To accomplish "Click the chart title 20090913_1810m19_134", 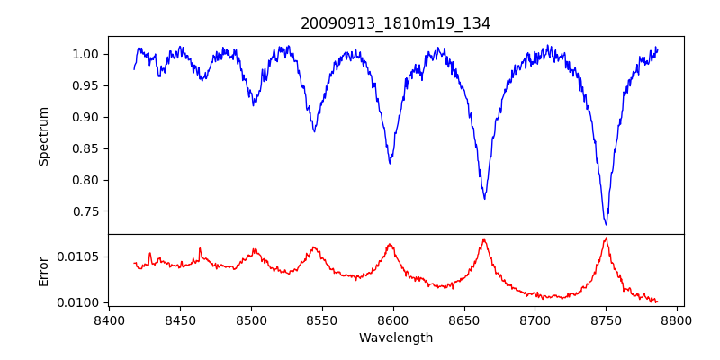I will click(x=395, y=23).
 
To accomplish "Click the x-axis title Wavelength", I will click(x=395, y=337).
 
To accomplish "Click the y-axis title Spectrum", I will click(x=44, y=136).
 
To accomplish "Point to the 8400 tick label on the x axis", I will click(x=109, y=319).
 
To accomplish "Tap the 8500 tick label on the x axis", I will click(x=251, y=319).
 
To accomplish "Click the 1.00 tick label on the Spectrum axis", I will click(x=86, y=54).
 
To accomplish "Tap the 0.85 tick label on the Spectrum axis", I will click(x=86, y=148).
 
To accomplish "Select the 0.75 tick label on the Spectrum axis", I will click(x=86, y=211).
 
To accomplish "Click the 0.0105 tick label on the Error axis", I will click(x=80, y=257).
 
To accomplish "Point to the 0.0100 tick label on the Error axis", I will click(x=80, y=302).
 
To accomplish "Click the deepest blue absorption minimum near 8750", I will click(x=606, y=224).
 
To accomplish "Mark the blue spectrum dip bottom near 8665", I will click(x=484, y=198).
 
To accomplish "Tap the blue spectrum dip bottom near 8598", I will click(x=390, y=163).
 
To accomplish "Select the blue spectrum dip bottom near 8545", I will click(x=314, y=131).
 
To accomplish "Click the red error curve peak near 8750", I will click(x=606, y=238).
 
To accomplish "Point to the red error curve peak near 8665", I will click(x=484, y=239).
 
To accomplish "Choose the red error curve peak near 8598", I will click(x=390, y=244).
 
